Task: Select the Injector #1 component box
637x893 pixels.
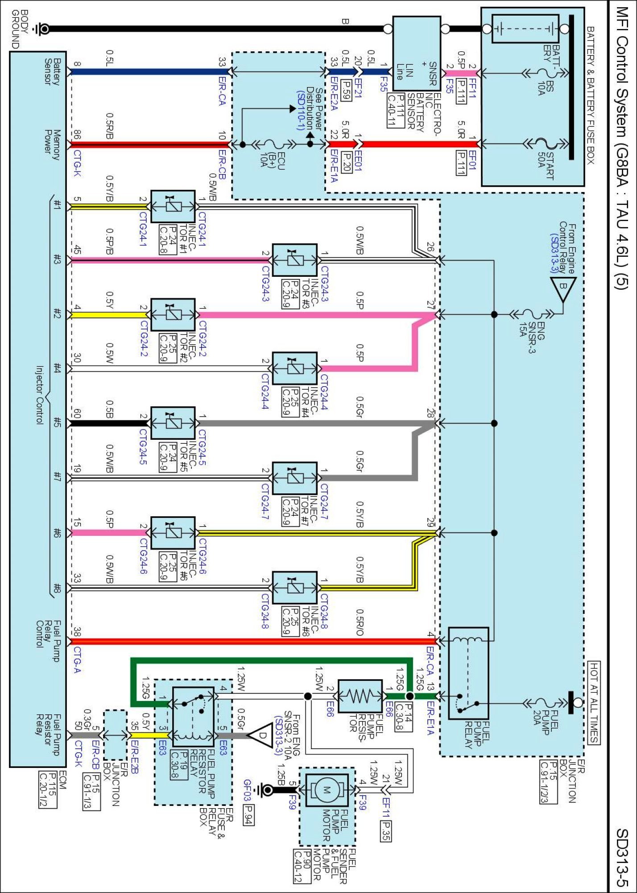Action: coord(173,206)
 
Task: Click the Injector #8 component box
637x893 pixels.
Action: coord(295,588)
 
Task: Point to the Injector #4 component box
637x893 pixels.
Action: coord(295,368)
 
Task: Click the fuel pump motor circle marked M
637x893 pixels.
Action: coord(327,790)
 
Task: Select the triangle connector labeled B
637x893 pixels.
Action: coord(563,286)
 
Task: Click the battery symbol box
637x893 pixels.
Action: coord(525,29)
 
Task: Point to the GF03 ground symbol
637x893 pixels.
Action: coord(266,790)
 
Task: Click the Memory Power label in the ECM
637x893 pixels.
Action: coord(52,145)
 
